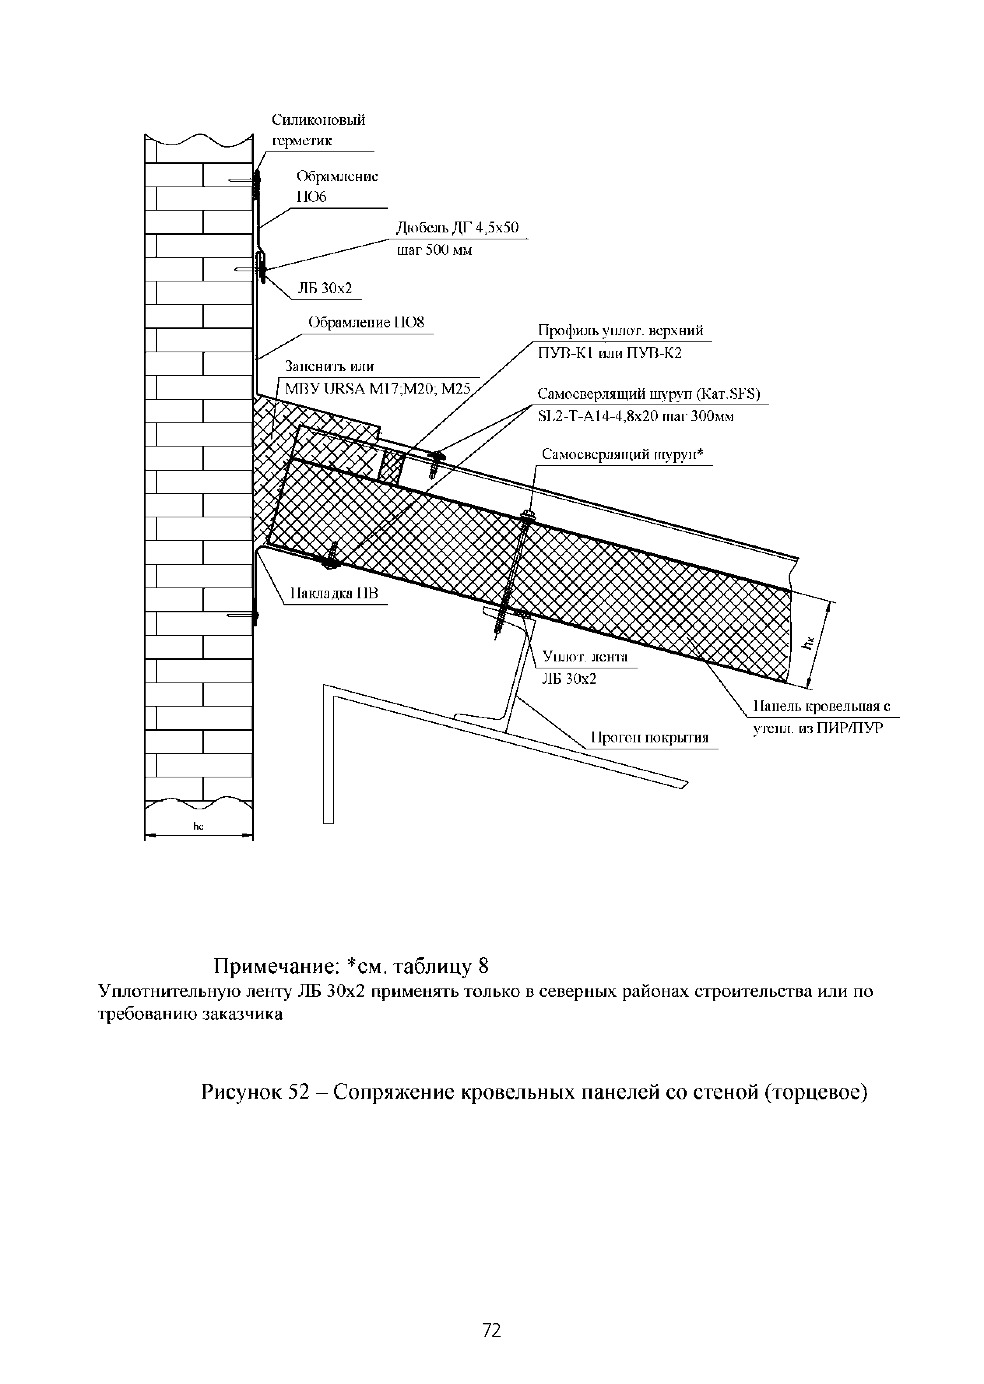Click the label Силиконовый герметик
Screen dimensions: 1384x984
(x=318, y=130)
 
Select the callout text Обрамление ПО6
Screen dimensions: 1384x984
(x=337, y=186)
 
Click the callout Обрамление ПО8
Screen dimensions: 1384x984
(x=366, y=322)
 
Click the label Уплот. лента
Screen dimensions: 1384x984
(x=585, y=657)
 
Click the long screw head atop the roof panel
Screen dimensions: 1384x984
(x=527, y=516)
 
